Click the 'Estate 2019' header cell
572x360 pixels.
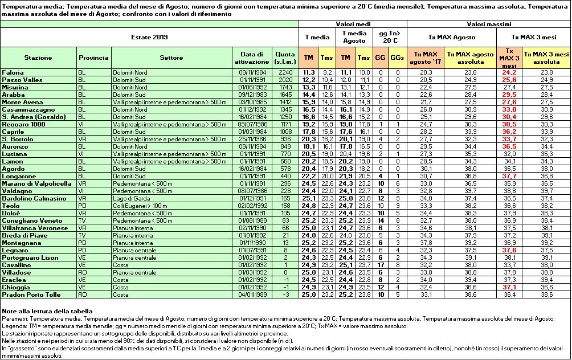click(150, 36)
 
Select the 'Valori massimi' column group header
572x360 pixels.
click(488, 24)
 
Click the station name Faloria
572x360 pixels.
click(13, 72)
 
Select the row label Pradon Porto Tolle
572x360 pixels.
click(26, 294)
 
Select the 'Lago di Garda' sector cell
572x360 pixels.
click(129, 198)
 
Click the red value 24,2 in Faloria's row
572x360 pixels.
click(509, 72)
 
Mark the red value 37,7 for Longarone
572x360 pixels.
click(509, 176)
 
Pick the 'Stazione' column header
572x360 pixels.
click(38, 58)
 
